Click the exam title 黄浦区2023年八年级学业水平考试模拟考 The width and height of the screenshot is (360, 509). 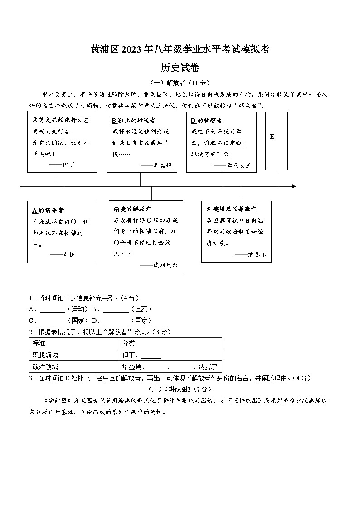pyautogui.click(x=180, y=50)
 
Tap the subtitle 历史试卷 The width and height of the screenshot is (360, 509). pyautogui.click(x=180, y=68)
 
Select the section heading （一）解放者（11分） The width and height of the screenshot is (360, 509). pyautogui.click(x=180, y=82)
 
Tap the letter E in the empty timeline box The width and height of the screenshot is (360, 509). pyautogui.click(x=272, y=136)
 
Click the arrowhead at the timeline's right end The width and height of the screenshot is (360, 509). pyautogui.click(x=294, y=186)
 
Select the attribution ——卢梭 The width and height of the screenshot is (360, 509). pyautogui.click(x=62, y=255)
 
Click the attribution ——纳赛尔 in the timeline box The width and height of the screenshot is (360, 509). pyautogui.click(x=251, y=255)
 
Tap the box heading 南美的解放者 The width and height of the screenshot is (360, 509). pyautogui.click(x=133, y=209)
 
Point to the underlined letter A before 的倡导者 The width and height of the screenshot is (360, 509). pyautogui.click(x=34, y=210)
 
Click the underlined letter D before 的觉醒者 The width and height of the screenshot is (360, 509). pyautogui.click(x=193, y=121)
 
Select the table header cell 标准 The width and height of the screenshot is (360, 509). pyautogui.click(x=39, y=344)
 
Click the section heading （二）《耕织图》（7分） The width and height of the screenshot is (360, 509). pyautogui.click(x=180, y=389)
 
